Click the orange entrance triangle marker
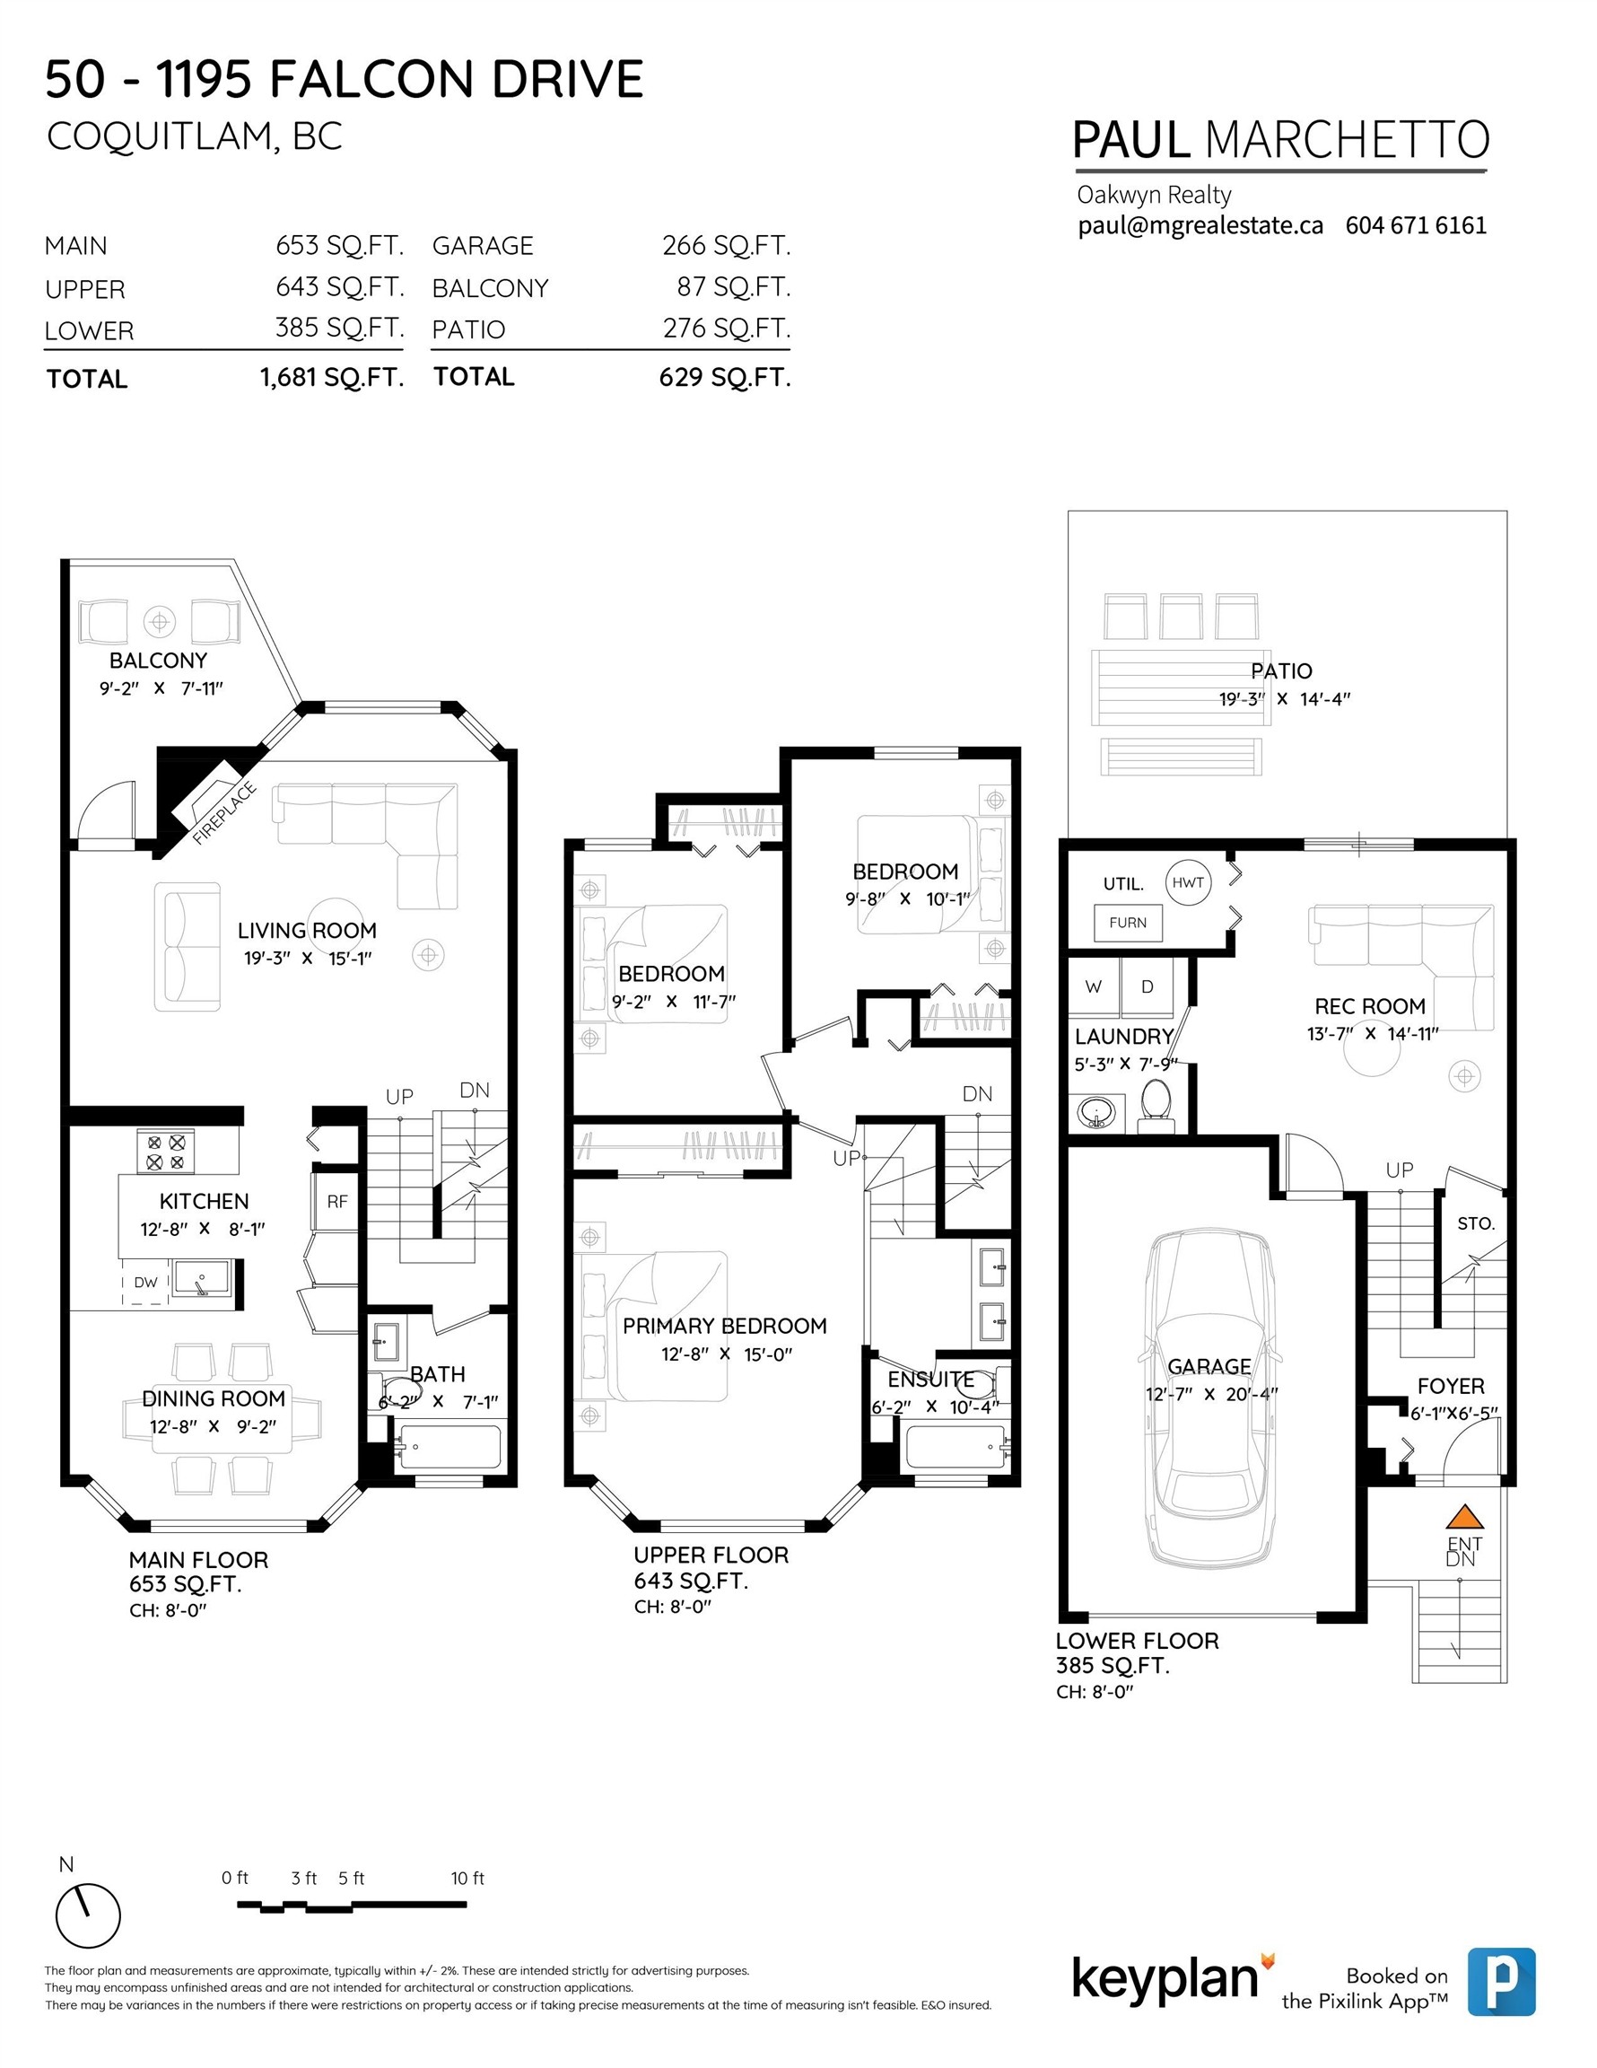click(x=1463, y=1516)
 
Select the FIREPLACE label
click(x=223, y=812)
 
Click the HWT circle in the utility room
click(x=1188, y=882)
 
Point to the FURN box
click(x=1128, y=923)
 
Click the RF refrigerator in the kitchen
click(x=337, y=1202)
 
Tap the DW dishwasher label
click(x=145, y=1282)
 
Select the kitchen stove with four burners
click(x=166, y=1152)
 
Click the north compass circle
click(x=88, y=1915)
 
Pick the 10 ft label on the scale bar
click(x=467, y=1878)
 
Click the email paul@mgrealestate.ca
click(x=1200, y=225)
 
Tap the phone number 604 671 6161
click(x=1415, y=225)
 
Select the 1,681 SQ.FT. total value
click(x=331, y=378)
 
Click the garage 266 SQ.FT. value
click(x=726, y=245)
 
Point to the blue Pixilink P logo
click(x=1501, y=1981)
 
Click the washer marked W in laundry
click(x=1094, y=986)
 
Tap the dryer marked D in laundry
click(x=1148, y=986)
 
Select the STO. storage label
click(x=1476, y=1223)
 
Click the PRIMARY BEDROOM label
click(x=724, y=1326)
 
